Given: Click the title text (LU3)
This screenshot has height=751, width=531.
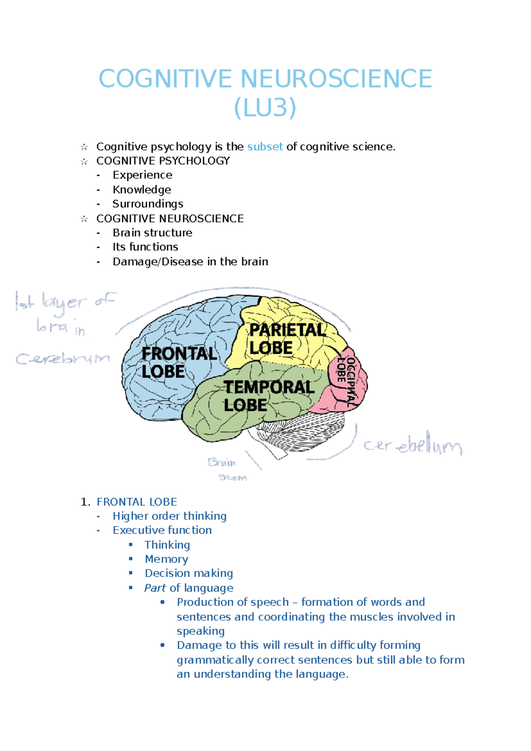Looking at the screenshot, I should click(x=265, y=108).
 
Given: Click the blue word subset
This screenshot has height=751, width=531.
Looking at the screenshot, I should click(x=265, y=147).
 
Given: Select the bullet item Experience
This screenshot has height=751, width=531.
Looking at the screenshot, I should click(x=142, y=175).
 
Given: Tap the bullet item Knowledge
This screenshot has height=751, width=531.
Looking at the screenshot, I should click(x=142, y=190).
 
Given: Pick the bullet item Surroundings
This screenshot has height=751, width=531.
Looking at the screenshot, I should click(x=148, y=204).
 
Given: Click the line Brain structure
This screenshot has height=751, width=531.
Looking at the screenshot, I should click(x=152, y=232).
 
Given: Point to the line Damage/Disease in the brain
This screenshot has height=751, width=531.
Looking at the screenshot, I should click(x=190, y=262).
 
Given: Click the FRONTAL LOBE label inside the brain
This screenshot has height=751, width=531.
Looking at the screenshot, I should click(x=178, y=362).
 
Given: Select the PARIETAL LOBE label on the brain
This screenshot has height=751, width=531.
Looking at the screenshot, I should click(x=287, y=339).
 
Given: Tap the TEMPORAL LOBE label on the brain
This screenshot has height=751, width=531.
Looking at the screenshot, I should click(x=268, y=396).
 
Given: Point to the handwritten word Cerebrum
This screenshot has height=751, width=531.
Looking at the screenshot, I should click(x=62, y=359).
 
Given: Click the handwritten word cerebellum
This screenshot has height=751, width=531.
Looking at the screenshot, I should click(x=413, y=445).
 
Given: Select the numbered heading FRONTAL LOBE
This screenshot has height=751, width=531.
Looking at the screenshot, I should click(x=137, y=502).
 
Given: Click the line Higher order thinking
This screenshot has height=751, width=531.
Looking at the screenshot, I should click(x=169, y=516).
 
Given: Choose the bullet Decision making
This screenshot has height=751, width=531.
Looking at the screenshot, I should click(x=189, y=573).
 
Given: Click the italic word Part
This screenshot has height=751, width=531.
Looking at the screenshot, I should click(x=155, y=588).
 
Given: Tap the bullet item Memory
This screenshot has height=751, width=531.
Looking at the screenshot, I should click(x=166, y=559).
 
